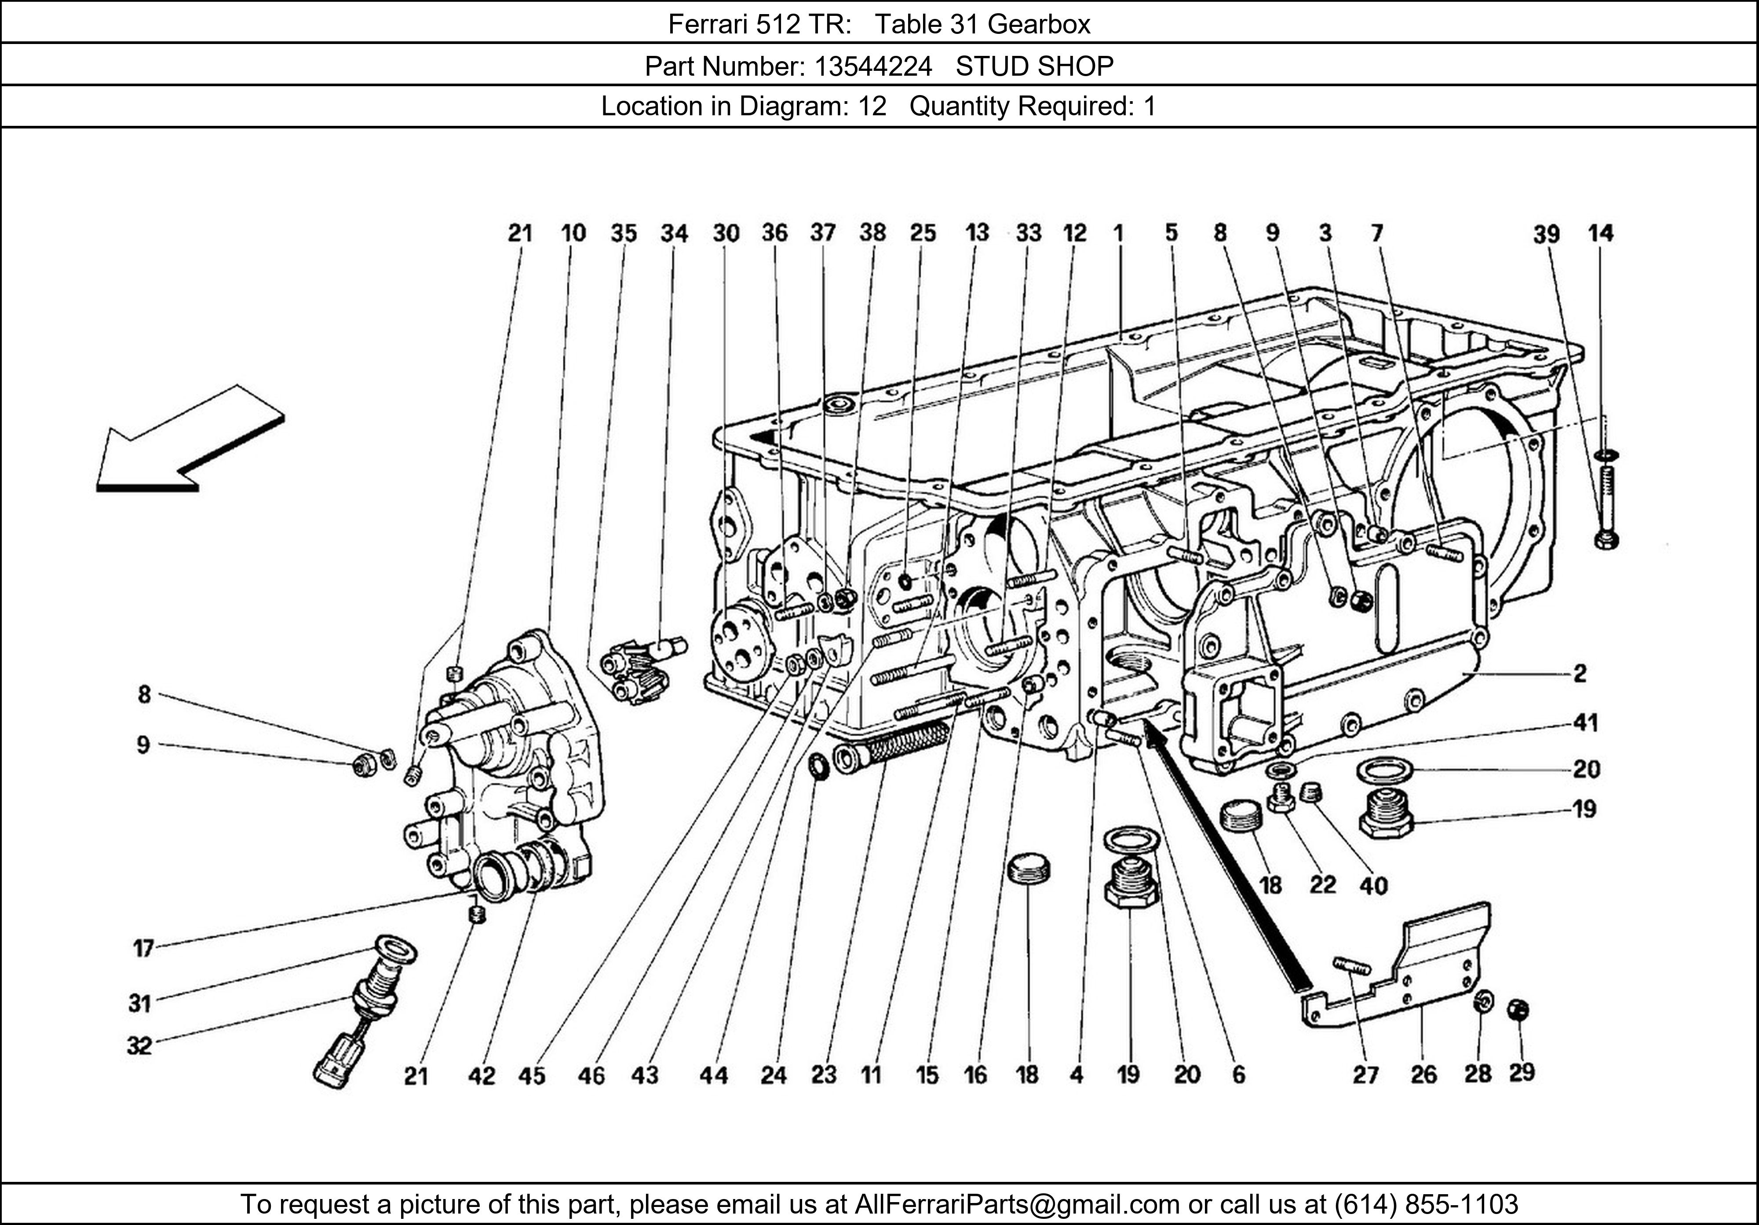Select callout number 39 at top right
click(1546, 234)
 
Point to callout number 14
click(1600, 233)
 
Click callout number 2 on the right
click(1580, 673)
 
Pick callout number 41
click(1586, 722)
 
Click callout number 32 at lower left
click(139, 1045)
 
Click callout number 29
click(1522, 1072)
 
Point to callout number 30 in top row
click(726, 233)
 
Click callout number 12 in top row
click(1075, 233)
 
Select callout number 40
click(1374, 886)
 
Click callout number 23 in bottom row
click(824, 1075)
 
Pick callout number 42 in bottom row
click(482, 1076)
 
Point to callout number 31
click(139, 1003)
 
